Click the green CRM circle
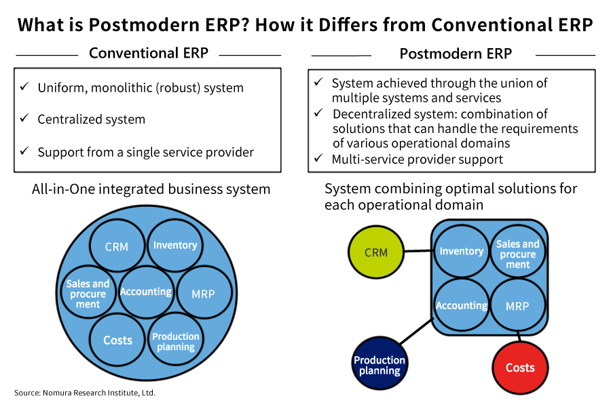[375, 253]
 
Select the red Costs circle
[520, 368]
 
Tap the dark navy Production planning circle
[379, 365]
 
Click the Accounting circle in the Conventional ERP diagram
[145, 292]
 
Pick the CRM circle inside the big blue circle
[117, 246]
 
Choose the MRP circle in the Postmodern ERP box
[517, 305]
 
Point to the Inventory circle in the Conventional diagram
[175, 246]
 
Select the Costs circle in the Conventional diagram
[117, 340]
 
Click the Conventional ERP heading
[148, 53]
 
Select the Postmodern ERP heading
[456, 54]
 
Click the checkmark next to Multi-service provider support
[318, 159]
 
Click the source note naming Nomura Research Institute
[85, 393]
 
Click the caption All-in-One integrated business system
[151, 189]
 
